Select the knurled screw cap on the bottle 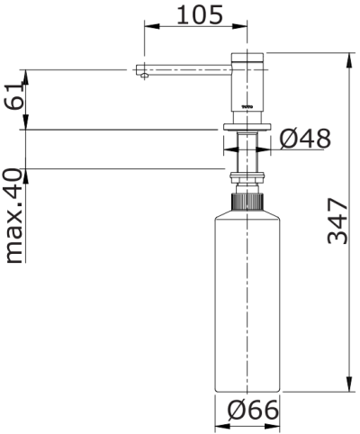pyautogui.click(x=247, y=200)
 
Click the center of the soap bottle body pyautogui.click(x=247, y=297)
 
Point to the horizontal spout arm pyautogui.click(x=184, y=68)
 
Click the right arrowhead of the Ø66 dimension pyautogui.click(x=275, y=423)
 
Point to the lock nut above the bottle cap pyautogui.click(x=247, y=176)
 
